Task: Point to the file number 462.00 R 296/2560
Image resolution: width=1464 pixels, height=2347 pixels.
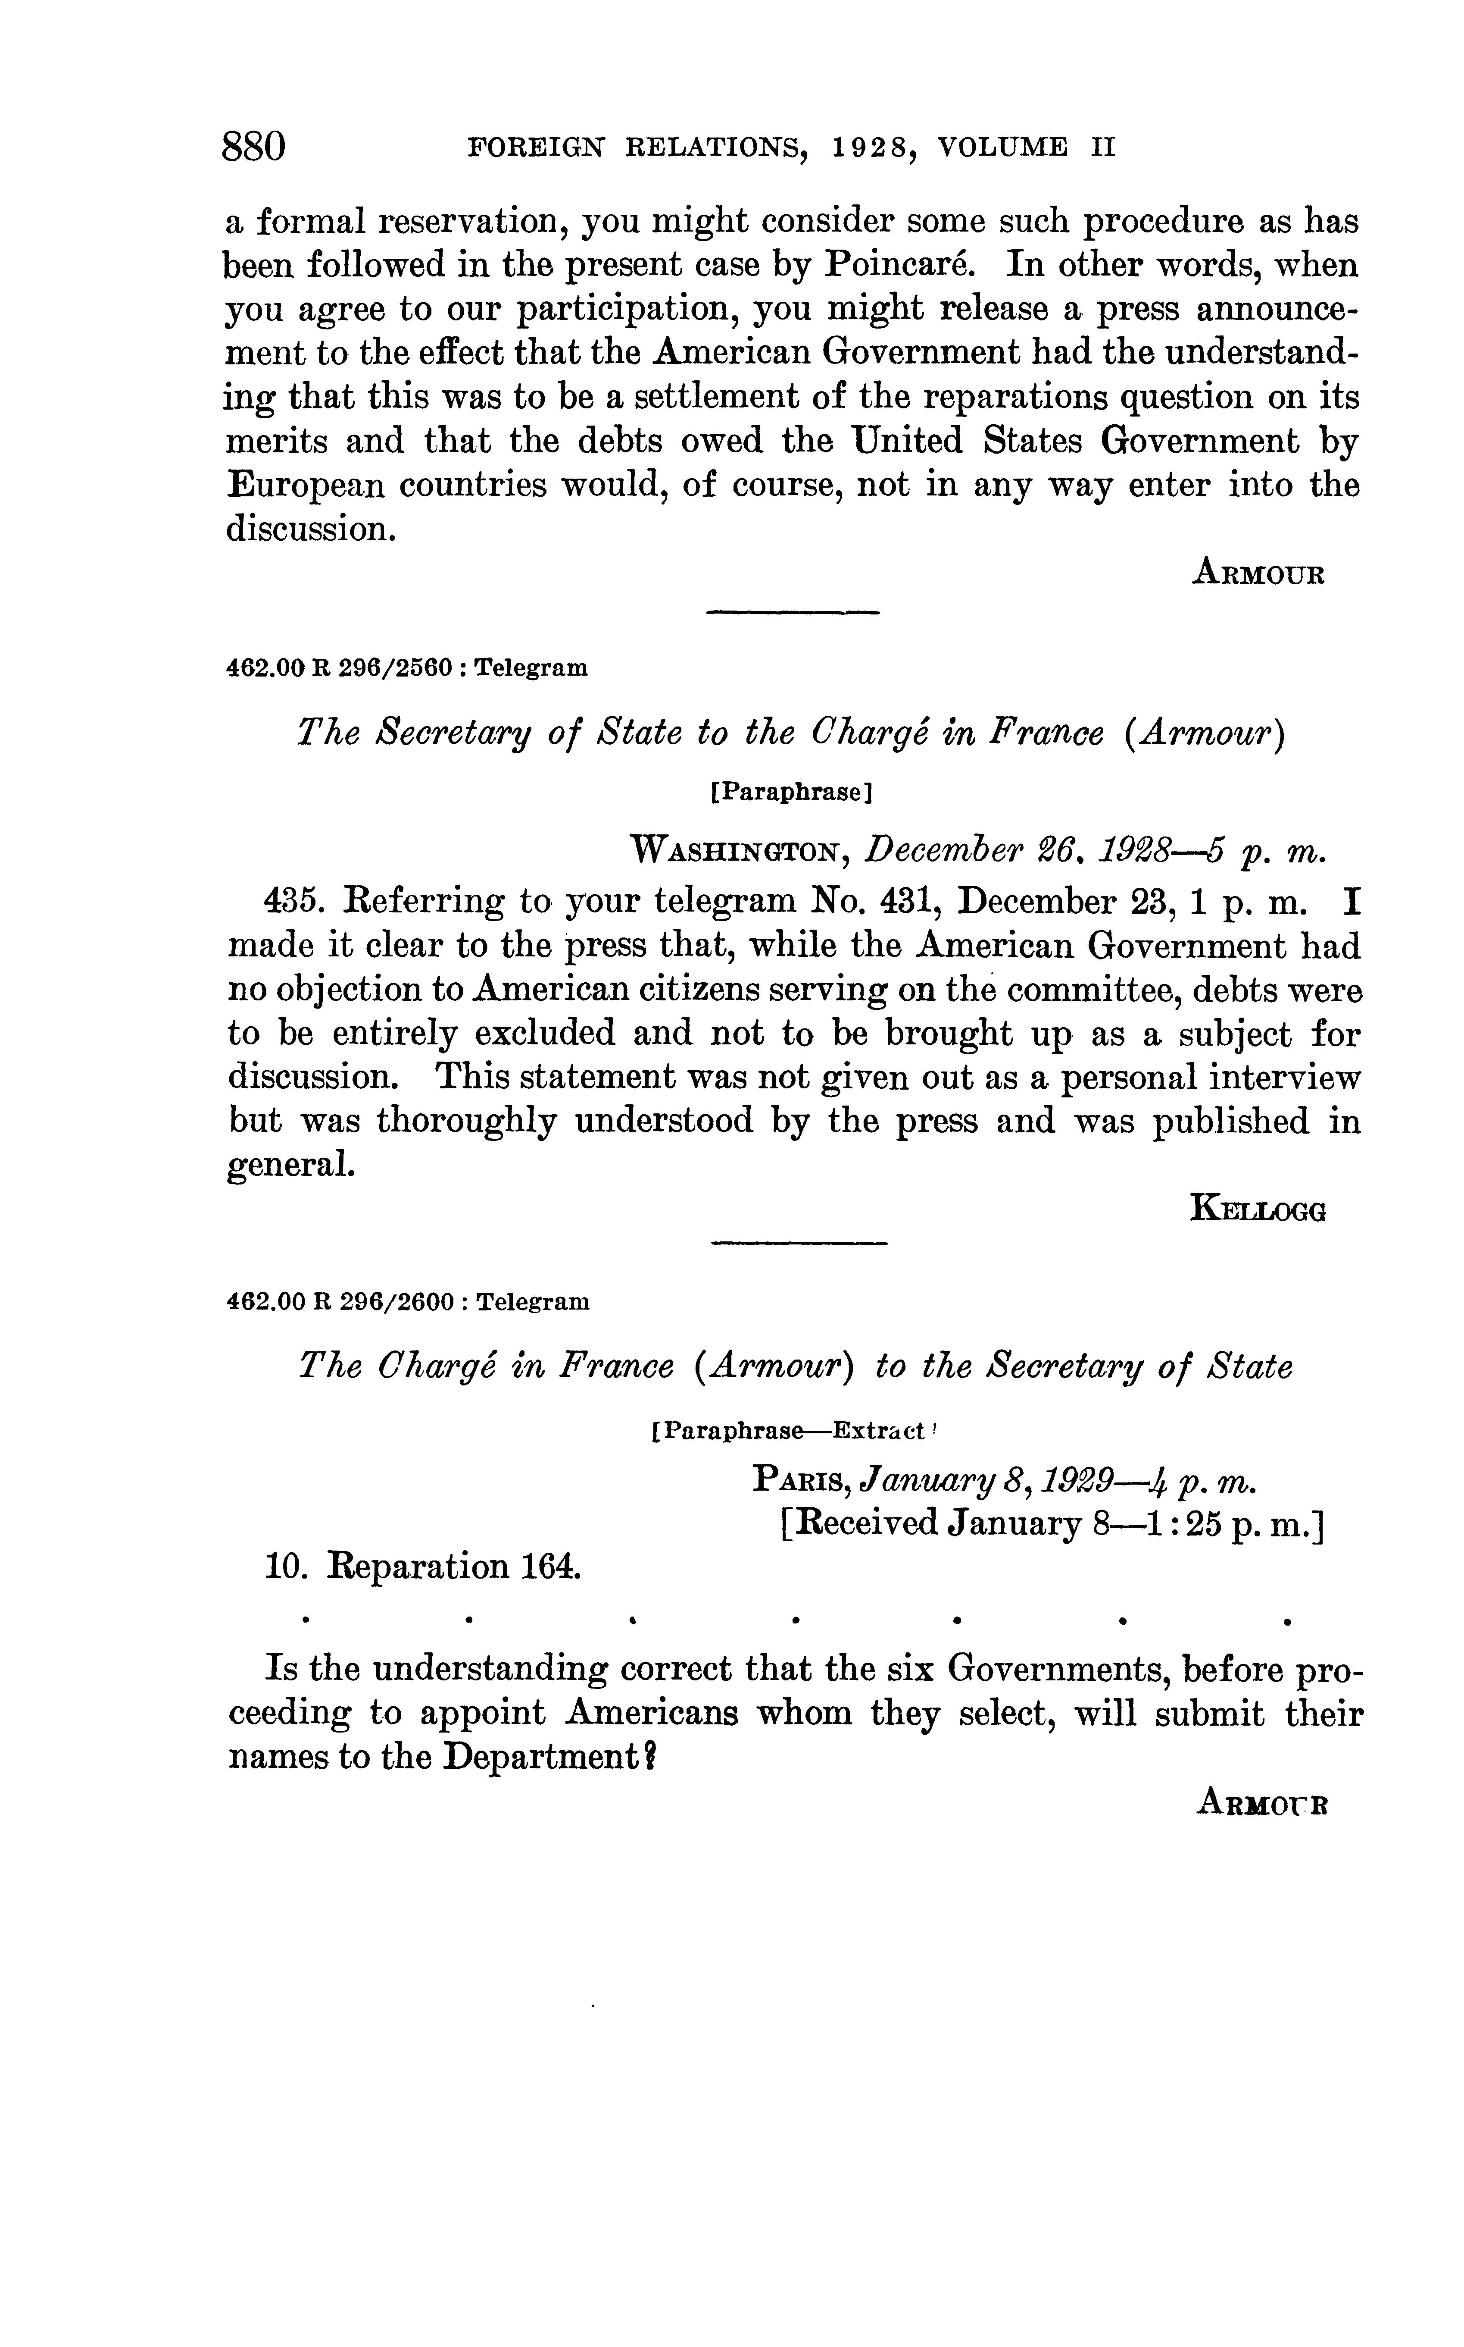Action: pyautogui.click(x=339, y=668)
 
